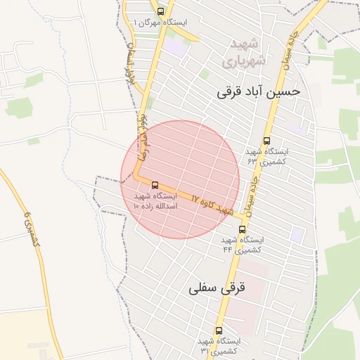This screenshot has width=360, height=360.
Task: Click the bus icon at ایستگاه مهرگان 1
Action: coord(161,11)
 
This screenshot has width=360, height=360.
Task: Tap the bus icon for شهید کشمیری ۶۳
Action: coord(266,141)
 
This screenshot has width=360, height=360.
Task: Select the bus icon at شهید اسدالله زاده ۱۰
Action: coord(155,185)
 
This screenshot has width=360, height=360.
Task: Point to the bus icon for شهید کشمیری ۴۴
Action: coord(243,229)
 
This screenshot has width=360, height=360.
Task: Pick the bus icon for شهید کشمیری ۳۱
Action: coord(219,330)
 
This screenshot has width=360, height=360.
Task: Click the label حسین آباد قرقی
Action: coord(258,91)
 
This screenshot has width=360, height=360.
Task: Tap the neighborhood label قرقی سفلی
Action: coord(217,288)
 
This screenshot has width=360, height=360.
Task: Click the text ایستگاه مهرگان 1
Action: coord(160,23)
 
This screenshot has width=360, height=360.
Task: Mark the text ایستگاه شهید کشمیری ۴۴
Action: coord(243,245)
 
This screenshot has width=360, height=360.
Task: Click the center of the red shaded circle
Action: coord(180,179)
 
